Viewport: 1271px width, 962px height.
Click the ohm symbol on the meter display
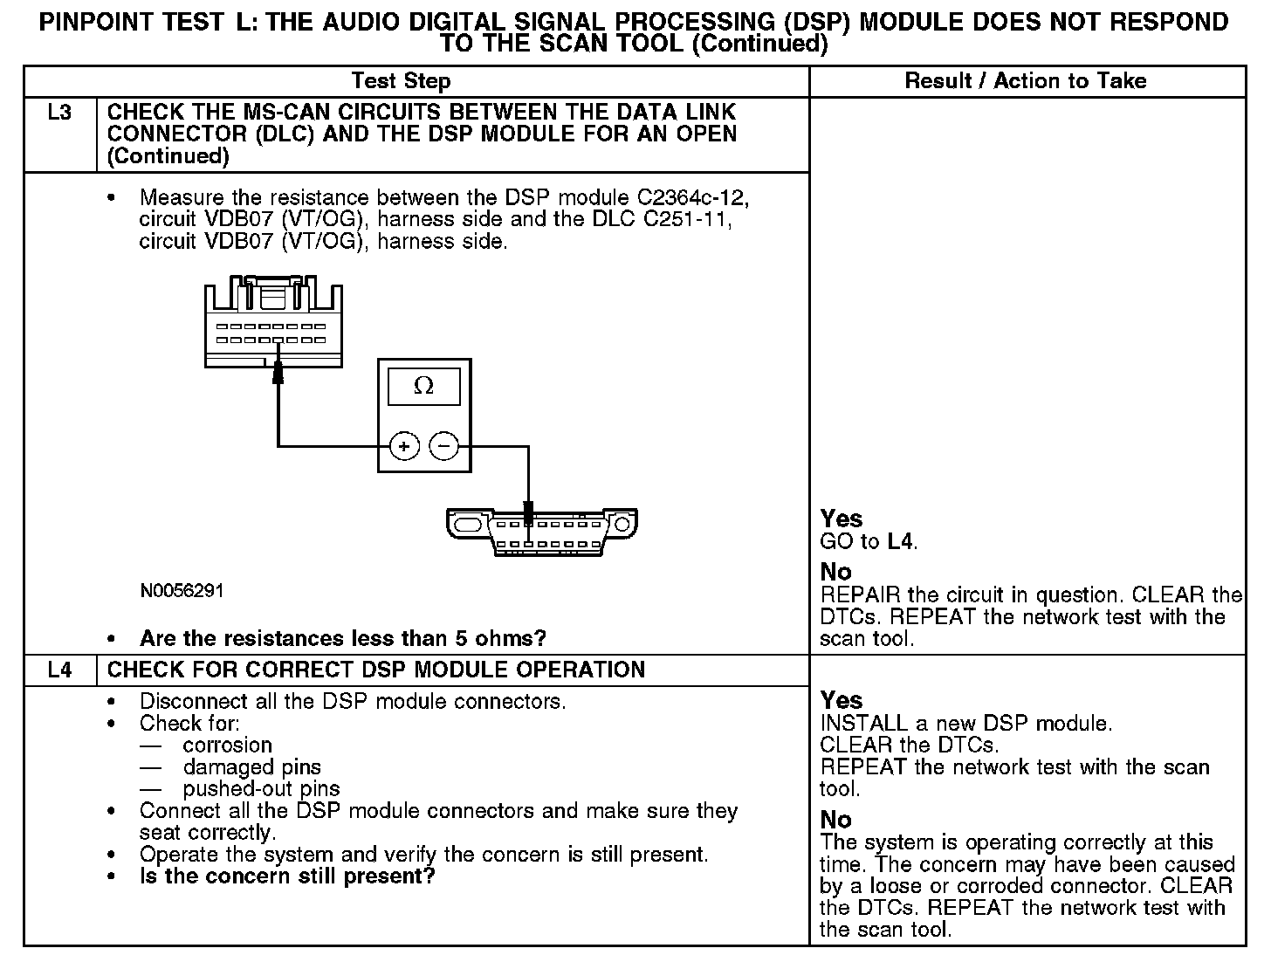(x=423, y=386)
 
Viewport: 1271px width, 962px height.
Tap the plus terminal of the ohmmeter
(x=403, y=446)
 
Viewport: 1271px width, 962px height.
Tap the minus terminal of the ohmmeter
(x=444, y=446)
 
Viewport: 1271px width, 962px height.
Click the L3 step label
(x=59, y=113)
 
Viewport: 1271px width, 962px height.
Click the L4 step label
(x=59, y=670)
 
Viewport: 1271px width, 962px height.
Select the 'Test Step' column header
(x=401, y=81)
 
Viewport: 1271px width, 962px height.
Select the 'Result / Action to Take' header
(x=1025, y=81)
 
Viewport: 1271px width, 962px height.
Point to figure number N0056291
(x=182, y=591)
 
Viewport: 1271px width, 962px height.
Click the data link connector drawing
(x=541, y=531)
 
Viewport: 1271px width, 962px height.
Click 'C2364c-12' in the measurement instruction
(x=687, y=196)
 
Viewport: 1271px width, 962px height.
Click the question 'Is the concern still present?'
(x=287, y=876)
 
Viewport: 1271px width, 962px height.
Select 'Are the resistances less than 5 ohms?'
(x=342, y=638)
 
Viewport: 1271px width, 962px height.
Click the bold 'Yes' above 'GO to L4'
(x=842, y=519)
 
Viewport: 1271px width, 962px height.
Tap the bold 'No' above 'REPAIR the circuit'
(x=835, y=572)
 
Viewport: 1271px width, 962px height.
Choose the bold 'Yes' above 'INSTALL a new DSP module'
(x=842, y=700)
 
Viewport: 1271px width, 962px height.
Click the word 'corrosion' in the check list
(x=228, y=745)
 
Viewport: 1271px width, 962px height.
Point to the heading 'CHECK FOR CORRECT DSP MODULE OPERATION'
(x=376, y=670)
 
